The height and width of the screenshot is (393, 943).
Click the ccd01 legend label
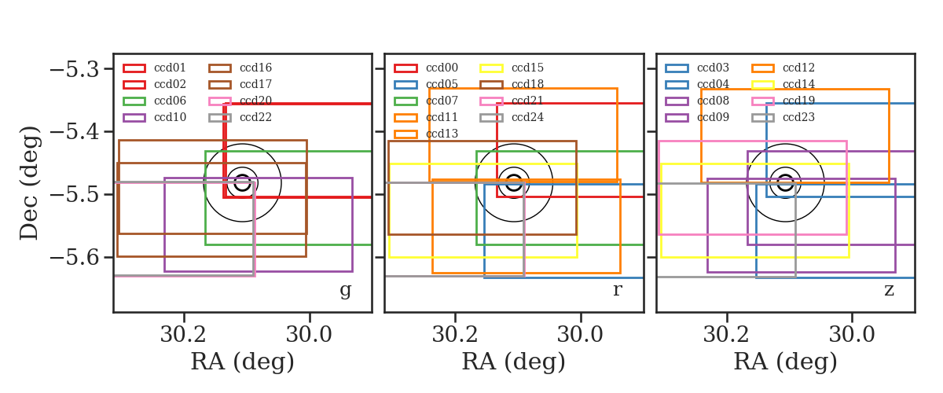coord(170,68)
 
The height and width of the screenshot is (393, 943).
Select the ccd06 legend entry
coord(170,101)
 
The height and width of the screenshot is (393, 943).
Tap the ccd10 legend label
coord(170,117)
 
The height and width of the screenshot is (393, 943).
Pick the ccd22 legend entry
coord(255,117)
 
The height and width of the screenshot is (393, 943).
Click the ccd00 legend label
coord(442,68)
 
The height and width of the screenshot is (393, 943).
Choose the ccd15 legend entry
coord(527,68)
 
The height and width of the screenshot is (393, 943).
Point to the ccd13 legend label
coord(442,134)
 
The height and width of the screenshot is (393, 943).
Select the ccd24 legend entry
coord(527,117)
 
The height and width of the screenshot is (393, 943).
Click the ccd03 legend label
coord(713,68)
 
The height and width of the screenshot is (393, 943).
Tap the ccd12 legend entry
coord(798,68)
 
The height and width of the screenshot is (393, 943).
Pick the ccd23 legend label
coord(798,117)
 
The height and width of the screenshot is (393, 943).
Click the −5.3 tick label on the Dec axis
coord(75,69)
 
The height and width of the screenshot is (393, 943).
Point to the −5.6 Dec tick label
coord(75,257)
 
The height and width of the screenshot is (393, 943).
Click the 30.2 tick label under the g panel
coord(183,335)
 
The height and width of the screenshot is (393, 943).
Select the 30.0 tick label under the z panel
coord(852,335)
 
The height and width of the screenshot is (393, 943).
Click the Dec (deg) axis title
coord(30,183)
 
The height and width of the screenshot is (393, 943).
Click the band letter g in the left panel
coord(345,290)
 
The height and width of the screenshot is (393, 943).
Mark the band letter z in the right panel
coord(889,290)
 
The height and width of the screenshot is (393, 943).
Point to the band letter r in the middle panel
coord(617,290)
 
